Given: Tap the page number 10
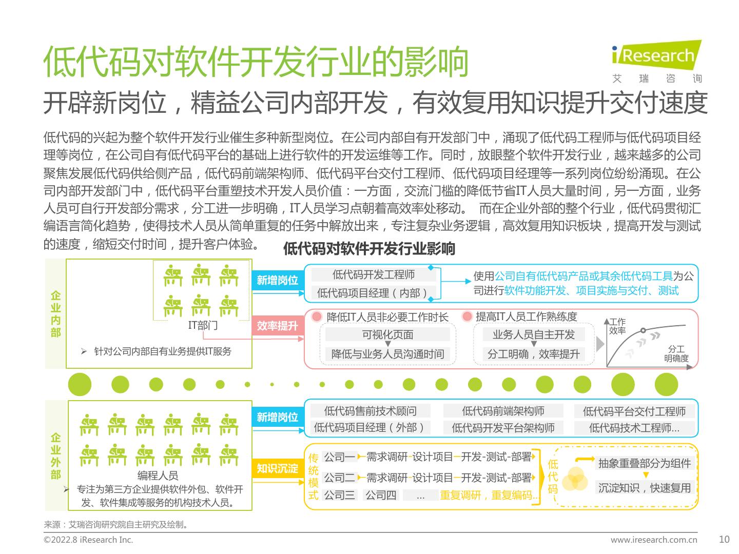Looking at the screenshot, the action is click(724, 539).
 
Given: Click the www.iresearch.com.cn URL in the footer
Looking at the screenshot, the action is click(654, 540).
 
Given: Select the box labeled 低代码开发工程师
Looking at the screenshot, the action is click(374, 274).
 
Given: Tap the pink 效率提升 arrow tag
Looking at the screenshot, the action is click(278, 326).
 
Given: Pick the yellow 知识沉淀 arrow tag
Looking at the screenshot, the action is click(278, 468).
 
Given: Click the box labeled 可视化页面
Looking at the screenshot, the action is click(387, 334).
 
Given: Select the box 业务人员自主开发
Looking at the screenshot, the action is click(533, 334).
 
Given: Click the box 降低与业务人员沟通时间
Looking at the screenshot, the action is click(387, 353).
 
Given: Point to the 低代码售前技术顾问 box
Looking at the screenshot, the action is click(370, 411).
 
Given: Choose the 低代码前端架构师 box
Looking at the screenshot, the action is click(503, 411).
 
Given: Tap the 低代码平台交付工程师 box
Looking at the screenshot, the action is click(634, 411).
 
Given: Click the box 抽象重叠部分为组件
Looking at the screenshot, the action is click(645, 463).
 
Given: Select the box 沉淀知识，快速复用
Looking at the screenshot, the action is click(645, 487).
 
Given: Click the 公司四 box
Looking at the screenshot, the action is click(380, 495).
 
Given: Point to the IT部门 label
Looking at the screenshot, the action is click(203, 325).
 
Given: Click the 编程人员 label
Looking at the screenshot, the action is click(158, 476).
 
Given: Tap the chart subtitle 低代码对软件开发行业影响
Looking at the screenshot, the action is click(369, 249).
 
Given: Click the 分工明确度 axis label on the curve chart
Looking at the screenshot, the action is click(676, 353).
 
